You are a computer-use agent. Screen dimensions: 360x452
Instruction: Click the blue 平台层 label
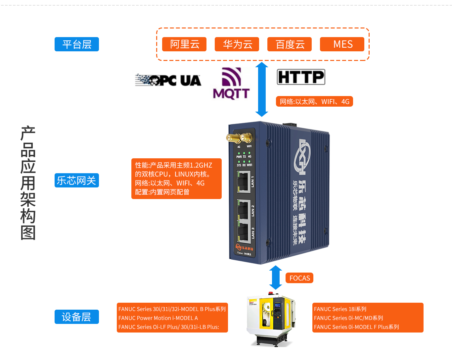(x=77, y=44)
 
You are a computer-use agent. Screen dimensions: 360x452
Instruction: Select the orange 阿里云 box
(x=184, y=44)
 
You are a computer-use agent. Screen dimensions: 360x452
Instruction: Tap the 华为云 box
(x=237, y=44)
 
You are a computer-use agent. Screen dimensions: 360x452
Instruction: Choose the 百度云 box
(x=290, y=44)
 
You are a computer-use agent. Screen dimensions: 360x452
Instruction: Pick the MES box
(x=342, y=44)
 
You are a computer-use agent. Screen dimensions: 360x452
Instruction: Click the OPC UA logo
(x=168, y=80)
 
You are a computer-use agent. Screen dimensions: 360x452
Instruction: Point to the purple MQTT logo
(x=231, y=83)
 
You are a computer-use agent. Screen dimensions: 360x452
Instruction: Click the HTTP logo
(x=301, y=77)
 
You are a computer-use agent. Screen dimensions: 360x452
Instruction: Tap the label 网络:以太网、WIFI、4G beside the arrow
(x=314, y=102)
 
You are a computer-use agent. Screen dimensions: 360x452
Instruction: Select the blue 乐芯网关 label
(x=77, y=180)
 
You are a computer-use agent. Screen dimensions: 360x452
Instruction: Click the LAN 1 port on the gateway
(x=243, y=182)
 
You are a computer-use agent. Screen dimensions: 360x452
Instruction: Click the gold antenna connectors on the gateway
(x=239, y=137)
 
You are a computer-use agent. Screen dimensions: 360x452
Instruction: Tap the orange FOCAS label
(x=299, y=278)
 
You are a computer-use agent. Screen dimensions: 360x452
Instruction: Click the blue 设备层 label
(x=77, y=317)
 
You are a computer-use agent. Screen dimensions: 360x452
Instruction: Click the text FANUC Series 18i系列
(x=340, y=309)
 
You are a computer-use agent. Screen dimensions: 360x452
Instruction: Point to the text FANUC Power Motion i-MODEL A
(x=158, y=318)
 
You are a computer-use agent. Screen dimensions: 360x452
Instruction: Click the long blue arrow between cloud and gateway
(x=262, y=89)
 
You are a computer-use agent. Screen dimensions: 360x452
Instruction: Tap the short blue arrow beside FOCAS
(x=276, y=278)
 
